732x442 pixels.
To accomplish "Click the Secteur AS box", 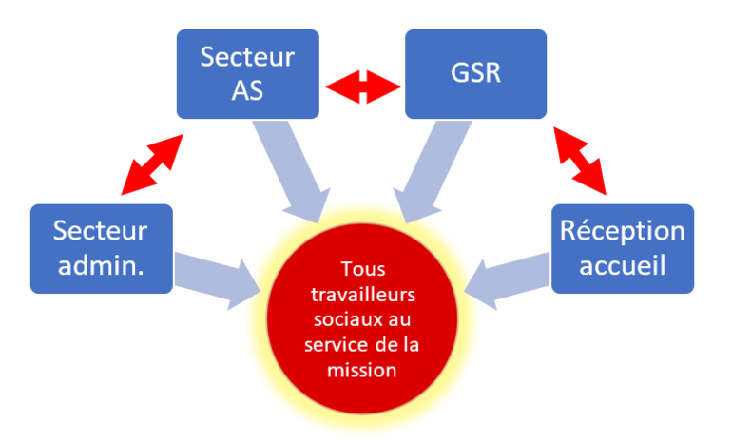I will (247, 74).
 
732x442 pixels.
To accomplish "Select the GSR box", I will (475, 74).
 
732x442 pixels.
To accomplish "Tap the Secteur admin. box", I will (102, 248).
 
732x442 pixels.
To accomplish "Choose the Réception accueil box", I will (623, 248).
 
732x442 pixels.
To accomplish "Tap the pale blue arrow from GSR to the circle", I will (428, 166).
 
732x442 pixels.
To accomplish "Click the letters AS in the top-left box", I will (247, 89).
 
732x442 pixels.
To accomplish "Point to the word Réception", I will (623, 231).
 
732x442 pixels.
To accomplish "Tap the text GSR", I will (475, 73).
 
